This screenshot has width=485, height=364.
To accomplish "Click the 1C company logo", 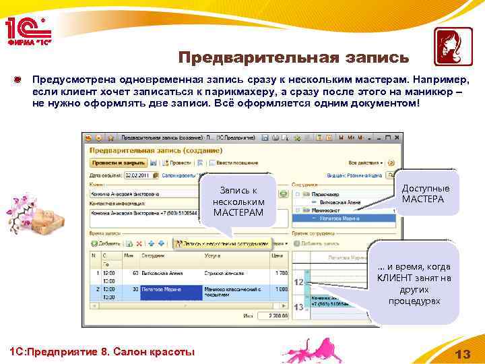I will [28, 28].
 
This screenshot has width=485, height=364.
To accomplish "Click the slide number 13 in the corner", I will [461, 354].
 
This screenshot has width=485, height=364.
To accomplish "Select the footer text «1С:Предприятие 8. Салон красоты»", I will [99, 352].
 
